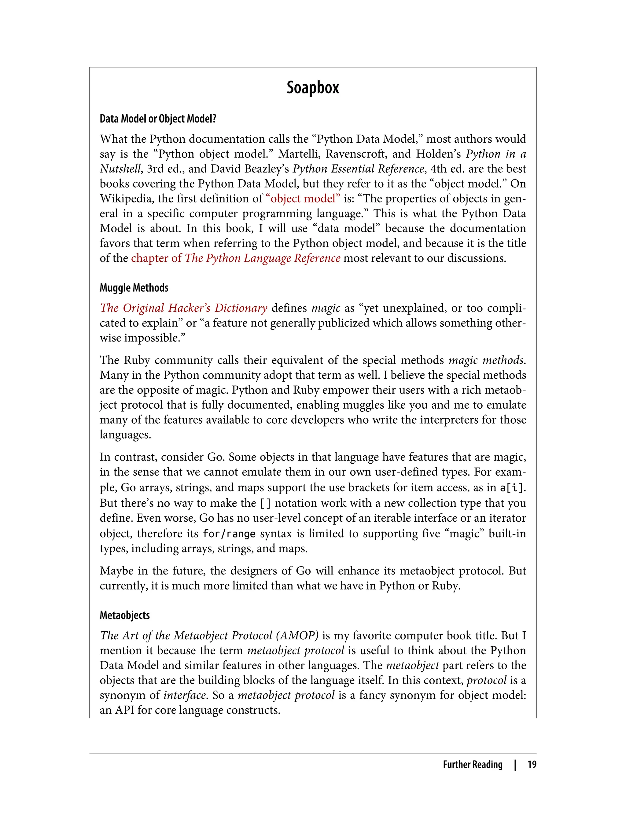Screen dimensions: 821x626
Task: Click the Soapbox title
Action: pos(313,88)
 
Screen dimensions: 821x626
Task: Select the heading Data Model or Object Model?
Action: pos(158,119)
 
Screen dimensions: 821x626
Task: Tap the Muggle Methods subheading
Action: pos(134,288)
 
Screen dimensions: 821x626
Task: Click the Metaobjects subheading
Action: pos(124,615)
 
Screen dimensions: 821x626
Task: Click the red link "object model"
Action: pos(303,199)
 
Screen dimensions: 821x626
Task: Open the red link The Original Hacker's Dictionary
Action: pos(183,308)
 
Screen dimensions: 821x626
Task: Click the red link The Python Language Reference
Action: pos(262,258)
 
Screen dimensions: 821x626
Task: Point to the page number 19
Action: pos(532,764)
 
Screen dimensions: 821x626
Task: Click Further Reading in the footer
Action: pos(473,764)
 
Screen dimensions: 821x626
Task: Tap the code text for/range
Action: pos(229,534)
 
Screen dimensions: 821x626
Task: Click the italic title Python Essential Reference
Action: pos(359,169)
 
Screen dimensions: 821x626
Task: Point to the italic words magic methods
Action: pos(487,360)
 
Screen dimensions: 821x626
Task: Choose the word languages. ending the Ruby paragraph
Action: pos(125,435)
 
